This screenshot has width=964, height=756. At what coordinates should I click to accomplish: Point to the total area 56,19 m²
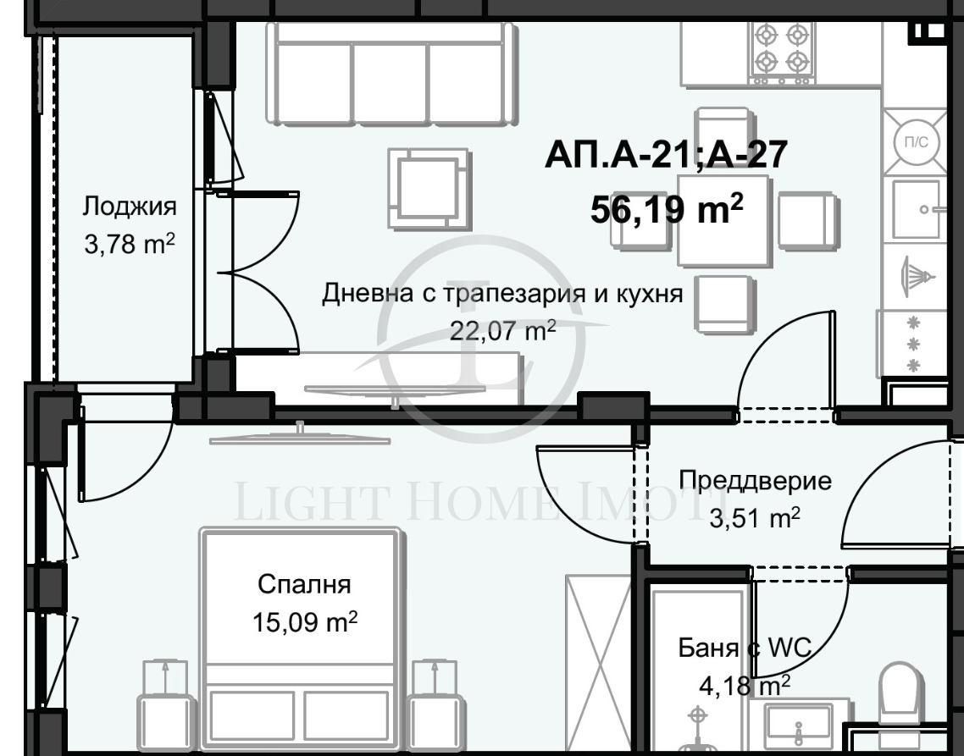click(668, 208)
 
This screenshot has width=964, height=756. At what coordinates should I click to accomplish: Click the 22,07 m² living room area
click(503, 329)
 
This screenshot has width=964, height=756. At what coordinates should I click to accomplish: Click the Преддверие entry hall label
click(755, 482)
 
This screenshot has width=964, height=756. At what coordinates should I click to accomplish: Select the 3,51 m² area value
click(755, 517)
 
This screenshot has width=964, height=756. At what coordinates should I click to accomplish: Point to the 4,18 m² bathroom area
click(745, 684)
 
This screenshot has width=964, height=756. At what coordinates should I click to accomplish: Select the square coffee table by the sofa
click(428, 187)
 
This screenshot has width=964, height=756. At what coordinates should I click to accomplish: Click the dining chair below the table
click(723, 303)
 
